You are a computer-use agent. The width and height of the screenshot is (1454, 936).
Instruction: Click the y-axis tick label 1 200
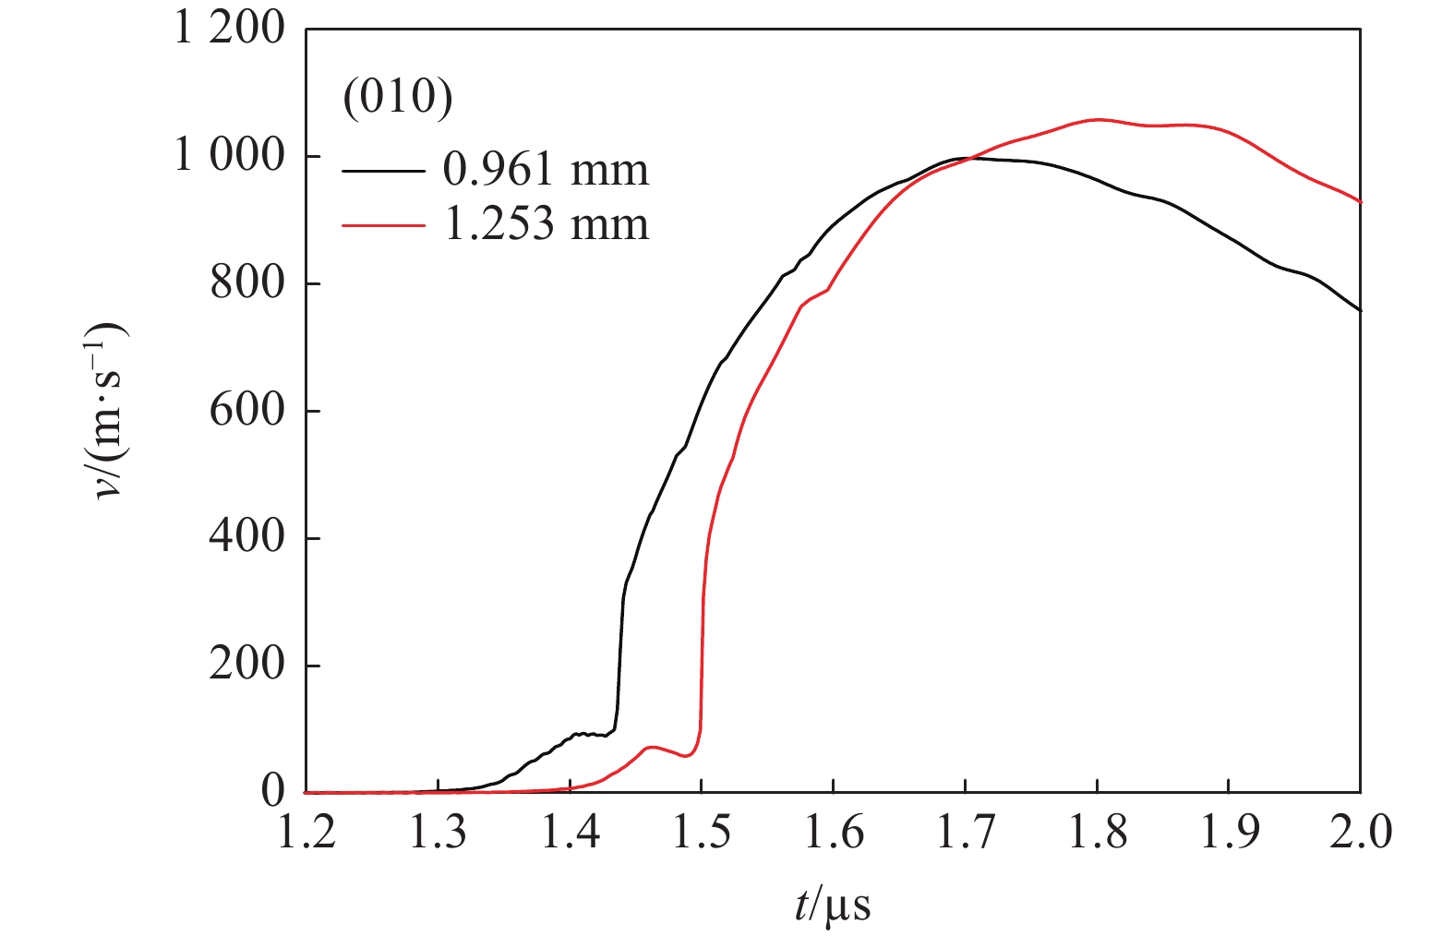(230, 29)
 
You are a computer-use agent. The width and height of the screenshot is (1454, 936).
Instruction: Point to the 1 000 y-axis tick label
(230, 156)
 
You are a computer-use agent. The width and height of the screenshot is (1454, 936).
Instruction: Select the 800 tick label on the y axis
(247, 282)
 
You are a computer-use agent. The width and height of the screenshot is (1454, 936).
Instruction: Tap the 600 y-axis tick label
(247, 410)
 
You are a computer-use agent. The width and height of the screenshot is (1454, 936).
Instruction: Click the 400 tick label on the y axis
(247, 537)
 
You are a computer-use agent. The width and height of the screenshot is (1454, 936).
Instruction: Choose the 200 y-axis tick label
(247, 665)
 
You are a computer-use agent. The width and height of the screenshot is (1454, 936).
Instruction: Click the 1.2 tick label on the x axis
(306, 834)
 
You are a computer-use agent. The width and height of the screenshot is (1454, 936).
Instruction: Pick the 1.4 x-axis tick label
(570, 834)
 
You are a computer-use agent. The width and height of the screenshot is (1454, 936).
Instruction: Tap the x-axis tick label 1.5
(702, 834)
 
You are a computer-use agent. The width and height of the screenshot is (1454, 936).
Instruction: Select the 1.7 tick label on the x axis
(965, 834)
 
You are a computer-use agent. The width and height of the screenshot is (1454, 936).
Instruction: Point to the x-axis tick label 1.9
(1228, 834)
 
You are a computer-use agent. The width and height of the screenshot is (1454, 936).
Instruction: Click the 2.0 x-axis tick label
(1360, 834)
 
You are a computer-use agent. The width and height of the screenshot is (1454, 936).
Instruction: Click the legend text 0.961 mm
(546, 170)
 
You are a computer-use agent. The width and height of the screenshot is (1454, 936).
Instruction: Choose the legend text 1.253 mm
(546, 225)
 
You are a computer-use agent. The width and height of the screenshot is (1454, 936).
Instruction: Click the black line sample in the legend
(383, 172)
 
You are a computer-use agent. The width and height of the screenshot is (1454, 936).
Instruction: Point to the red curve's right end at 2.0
(1359, 201)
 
